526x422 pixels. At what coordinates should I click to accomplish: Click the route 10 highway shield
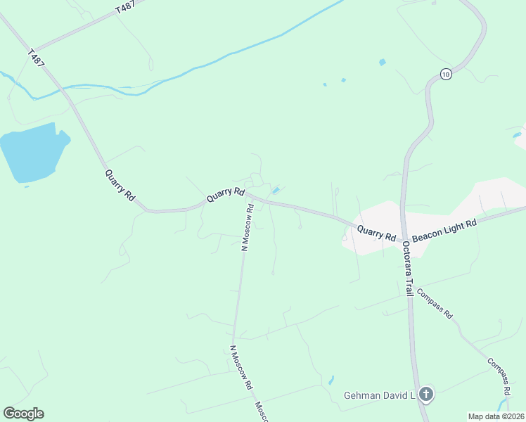point(445,74)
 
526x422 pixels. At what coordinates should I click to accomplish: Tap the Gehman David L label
point(379,395)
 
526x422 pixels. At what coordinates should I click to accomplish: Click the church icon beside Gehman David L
point(425,395)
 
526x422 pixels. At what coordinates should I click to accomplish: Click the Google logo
point(23,414)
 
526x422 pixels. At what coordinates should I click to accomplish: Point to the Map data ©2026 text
point(496,416)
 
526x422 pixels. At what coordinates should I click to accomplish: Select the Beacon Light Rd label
point(444,231)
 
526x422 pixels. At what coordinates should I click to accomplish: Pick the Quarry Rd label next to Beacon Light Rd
point(376,233)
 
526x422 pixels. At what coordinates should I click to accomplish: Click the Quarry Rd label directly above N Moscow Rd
point(225,195)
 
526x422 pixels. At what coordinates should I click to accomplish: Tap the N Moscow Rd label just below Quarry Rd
point(248,227)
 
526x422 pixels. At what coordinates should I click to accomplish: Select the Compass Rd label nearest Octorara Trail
point(434,303)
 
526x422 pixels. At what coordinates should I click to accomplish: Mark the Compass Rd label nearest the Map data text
point(499,375)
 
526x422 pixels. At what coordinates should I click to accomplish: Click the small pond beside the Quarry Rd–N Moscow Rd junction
point(276,190)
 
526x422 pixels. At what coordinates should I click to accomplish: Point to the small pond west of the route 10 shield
point(382,62)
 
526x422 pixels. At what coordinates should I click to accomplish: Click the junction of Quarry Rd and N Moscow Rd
point(250,198)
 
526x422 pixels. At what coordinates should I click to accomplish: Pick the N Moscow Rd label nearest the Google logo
point(240,368)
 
